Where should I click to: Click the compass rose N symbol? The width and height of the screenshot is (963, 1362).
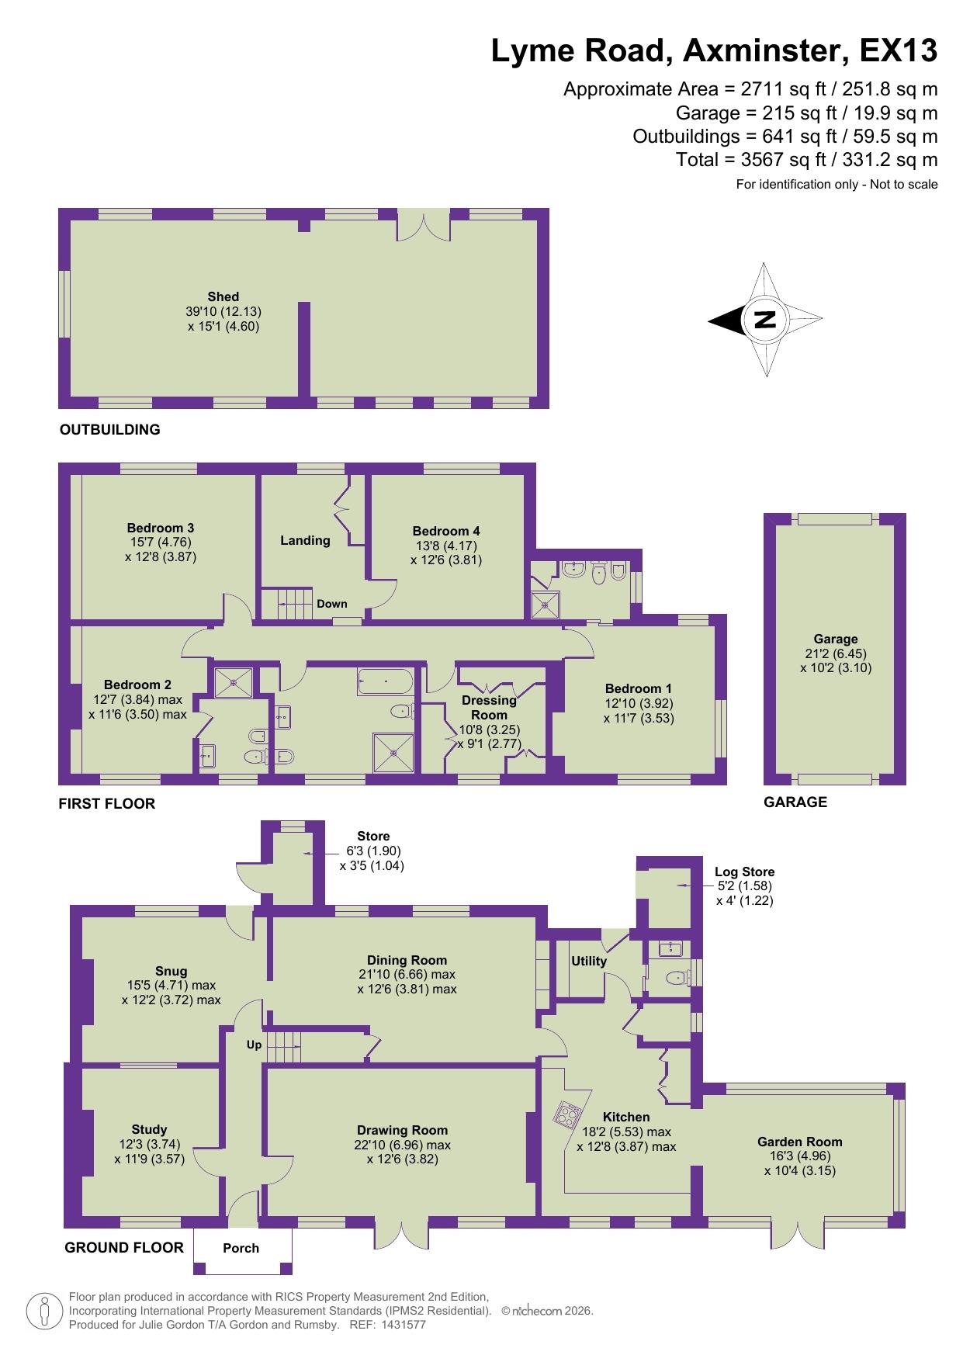764,319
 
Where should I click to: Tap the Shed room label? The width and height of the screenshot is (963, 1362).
223,296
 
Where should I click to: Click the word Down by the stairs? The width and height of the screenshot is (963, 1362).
332,604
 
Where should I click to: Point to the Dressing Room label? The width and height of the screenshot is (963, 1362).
489,707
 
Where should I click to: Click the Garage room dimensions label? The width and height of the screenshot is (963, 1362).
836,660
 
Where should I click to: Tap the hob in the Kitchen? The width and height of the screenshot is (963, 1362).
567,1114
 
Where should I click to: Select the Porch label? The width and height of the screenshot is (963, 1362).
241,1248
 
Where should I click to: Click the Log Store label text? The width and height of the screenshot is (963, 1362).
744,872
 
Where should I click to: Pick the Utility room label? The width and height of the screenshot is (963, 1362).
589,961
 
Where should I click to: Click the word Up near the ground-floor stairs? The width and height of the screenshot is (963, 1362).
254,1045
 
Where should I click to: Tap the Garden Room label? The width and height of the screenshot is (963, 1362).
799,1142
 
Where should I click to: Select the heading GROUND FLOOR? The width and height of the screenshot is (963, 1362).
124,1247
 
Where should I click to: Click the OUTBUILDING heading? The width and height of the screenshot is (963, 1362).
110,429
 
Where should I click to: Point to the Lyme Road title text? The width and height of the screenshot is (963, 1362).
714,51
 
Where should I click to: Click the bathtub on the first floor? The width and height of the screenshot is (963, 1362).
385,682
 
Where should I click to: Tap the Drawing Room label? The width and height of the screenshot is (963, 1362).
402,1130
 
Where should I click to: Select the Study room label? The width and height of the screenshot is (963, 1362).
149,1129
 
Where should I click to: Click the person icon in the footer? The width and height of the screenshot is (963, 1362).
46,1312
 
